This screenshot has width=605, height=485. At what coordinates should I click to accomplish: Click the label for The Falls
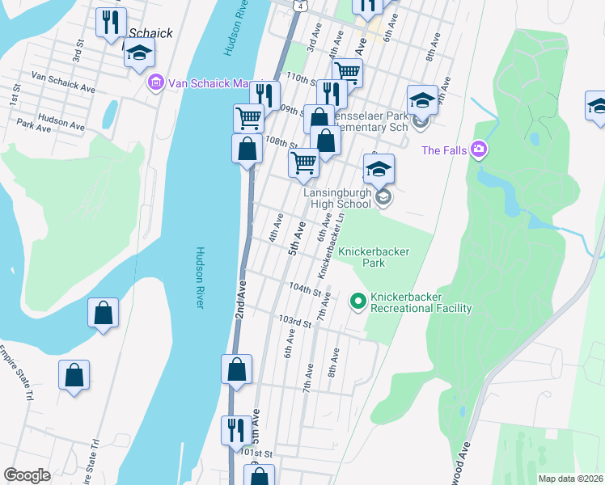[x=442, y=150]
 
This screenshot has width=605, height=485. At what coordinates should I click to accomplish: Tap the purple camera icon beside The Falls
[x=479, y=150]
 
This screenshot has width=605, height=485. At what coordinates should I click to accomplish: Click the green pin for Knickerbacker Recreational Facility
[x=357, y=302]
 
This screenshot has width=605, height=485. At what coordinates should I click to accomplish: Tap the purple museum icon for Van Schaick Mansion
[x=155, y=82]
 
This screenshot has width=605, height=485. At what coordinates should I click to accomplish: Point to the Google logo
[x=27, y=475]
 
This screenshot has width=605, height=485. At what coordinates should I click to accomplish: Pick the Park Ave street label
[x=34, y=126]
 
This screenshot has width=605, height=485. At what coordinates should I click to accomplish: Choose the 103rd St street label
[x=295, y=323]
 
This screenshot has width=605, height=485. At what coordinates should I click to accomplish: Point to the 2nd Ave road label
[x=239, y=300]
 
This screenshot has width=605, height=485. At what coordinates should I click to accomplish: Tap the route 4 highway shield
[x=300, y=6]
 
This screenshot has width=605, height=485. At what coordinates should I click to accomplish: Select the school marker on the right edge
[x=596, y=107]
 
